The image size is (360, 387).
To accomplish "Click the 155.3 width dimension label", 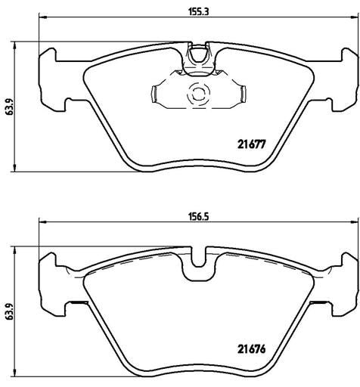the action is point(199,12).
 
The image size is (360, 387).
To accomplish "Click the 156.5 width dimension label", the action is point(199,217).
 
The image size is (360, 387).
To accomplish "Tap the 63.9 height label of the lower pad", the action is point(10,311).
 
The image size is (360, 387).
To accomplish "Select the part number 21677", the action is point(252,144).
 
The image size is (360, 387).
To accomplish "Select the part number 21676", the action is point(252,349).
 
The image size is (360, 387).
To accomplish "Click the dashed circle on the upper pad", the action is point(198,95).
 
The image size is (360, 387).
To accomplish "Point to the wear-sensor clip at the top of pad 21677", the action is point(198,58).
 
